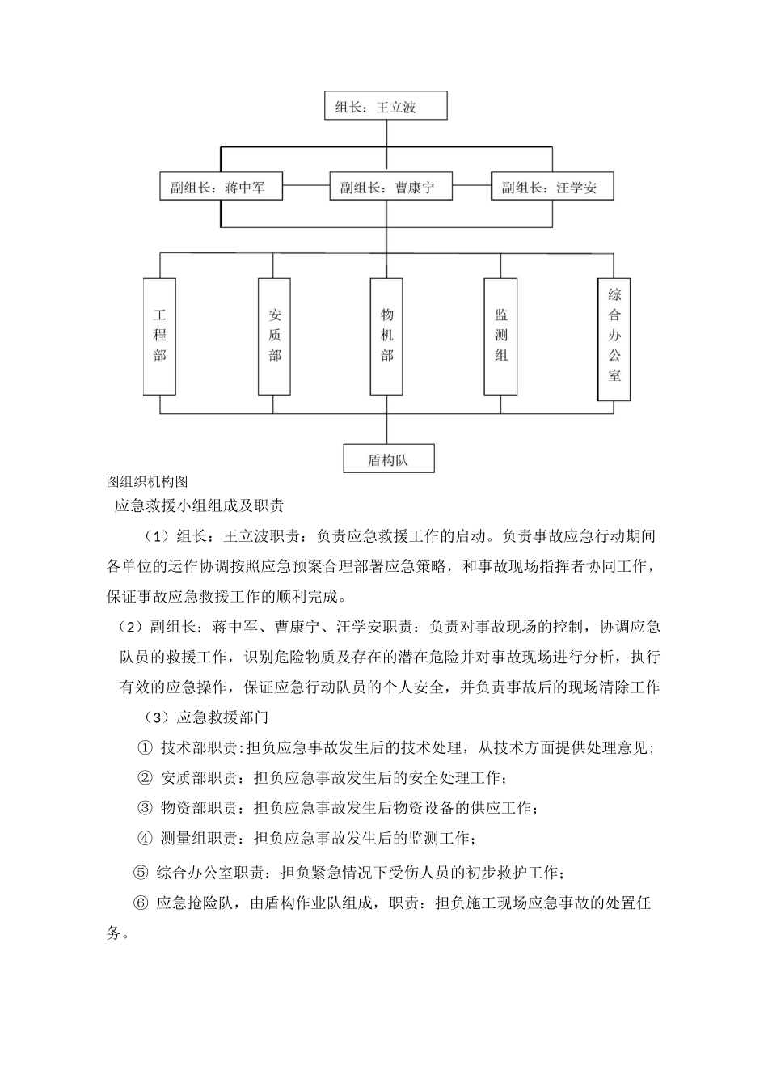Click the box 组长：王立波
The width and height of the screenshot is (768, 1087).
[386, 106]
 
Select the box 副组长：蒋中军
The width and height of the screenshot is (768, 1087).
[222, 188]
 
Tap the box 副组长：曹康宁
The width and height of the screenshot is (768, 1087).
[390, 188]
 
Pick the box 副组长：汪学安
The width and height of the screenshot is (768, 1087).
[553, 188]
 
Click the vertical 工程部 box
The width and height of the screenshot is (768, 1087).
[160, 336]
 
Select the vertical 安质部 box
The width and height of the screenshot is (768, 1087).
[274, 336]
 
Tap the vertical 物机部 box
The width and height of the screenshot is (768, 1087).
[387, 336]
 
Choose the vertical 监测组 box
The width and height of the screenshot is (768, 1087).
[500, 336]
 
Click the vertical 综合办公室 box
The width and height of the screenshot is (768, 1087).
[614, 339]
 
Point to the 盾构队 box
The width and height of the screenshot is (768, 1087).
[389, 459]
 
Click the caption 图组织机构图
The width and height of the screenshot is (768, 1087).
[147, 481]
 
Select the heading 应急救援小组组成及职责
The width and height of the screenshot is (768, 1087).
[199, 506]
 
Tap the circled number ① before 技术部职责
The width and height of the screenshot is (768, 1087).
[146, 748]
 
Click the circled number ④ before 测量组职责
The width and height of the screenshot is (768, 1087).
[146, 838]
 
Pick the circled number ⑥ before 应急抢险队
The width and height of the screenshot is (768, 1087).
[140, 903]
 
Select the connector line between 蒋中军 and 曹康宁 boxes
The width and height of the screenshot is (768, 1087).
[308, 188]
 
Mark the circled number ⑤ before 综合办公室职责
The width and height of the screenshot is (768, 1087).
[140, 873]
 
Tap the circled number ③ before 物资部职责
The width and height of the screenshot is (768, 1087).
[146, 808]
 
